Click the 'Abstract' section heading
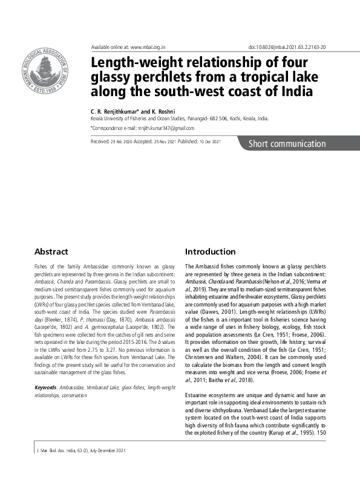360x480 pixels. tap(51, 251)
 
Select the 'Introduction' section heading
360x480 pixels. tap(210, 251)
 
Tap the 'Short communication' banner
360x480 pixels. tap(287, 144)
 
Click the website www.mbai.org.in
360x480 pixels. tap(148, 47)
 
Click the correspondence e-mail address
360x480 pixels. tap(163, 128)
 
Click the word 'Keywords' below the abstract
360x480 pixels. tap(46, 386)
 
